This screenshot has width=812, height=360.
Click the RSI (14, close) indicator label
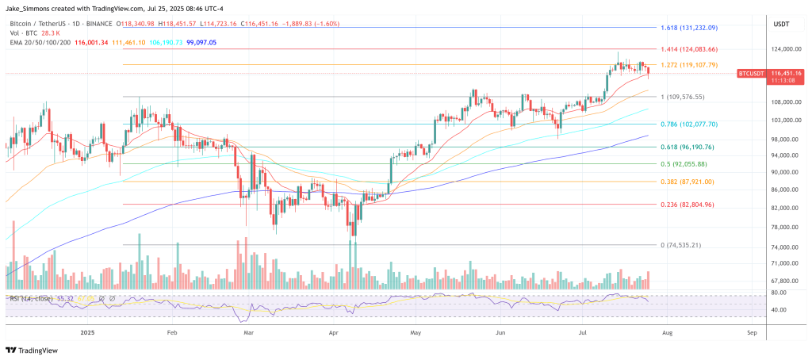click(31, 298)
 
